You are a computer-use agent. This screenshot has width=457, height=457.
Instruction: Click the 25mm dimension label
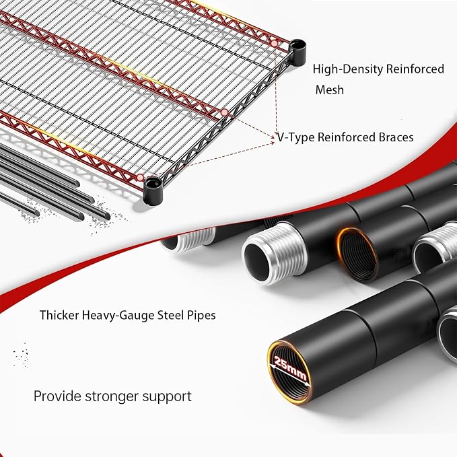(x=290, y=367)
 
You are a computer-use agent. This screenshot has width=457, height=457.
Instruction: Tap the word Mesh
(x=330, y=90)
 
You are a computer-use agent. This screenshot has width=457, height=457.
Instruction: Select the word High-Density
(x=348, y=69)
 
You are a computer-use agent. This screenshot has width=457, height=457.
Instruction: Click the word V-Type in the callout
(x=295, y=137)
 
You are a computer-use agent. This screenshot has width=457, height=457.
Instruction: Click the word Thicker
(x=59, y=315)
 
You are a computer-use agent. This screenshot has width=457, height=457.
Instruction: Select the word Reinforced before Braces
(x=346, y=137)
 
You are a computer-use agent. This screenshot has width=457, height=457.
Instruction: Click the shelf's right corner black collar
(x=298, y=52)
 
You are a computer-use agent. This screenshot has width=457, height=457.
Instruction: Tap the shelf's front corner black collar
(x=153, y=190)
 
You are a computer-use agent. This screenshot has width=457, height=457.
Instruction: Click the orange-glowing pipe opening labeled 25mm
(x=289, y=372)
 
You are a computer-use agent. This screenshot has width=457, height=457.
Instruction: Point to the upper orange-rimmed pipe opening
(x=357, y=255)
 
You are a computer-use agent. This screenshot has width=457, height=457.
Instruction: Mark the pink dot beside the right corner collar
(x=274, y=44)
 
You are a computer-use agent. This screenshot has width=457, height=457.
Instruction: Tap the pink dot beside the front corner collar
(x=141, y=177)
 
